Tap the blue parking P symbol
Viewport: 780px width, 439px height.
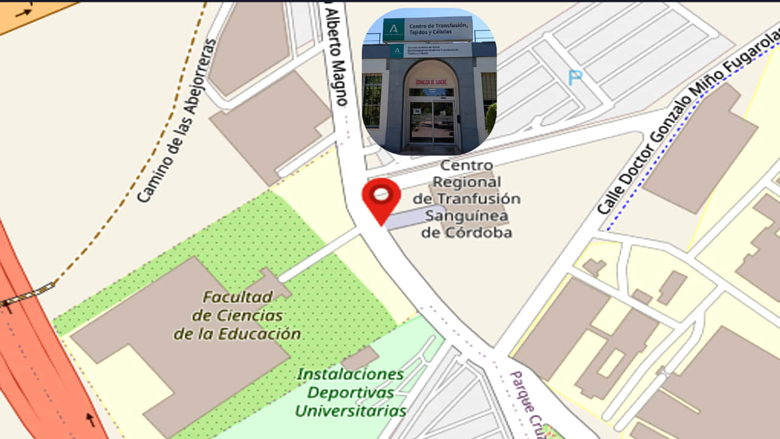click(575, 77)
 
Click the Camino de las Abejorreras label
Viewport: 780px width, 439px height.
click(176, 121)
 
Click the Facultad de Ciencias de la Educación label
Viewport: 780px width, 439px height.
click(238, 316)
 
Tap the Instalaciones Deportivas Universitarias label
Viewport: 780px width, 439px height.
click(350, 392)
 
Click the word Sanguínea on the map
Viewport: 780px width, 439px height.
click(467, 216)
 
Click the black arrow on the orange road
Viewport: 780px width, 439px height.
click(24, 12)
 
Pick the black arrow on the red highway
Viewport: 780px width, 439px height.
click(90, 419)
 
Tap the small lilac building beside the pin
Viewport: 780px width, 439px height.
click(414, 217)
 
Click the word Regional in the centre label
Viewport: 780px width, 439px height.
click(466, 182)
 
